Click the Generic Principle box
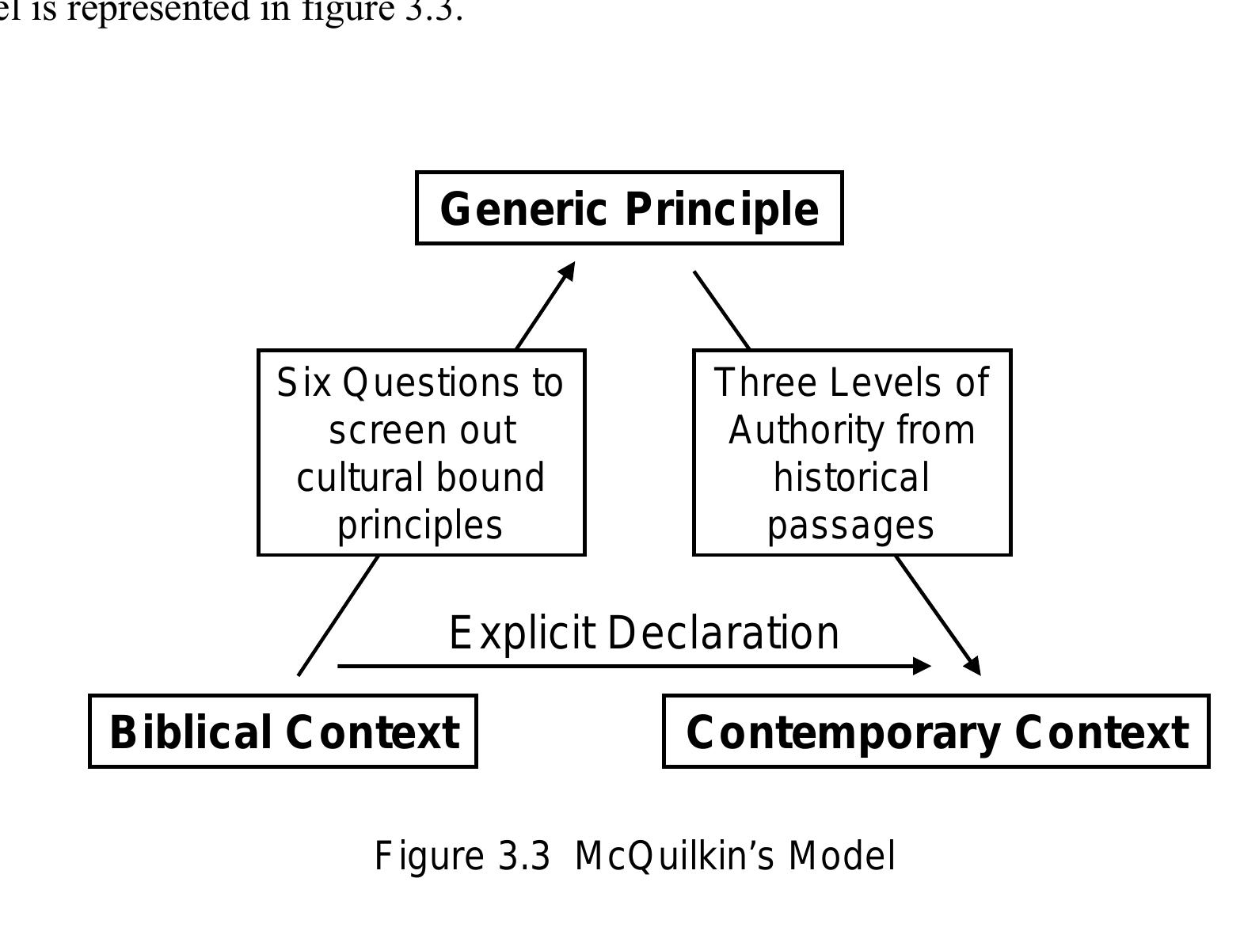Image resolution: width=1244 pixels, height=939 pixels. tap(629, 208)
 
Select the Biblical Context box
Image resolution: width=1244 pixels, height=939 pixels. tap(283, 732)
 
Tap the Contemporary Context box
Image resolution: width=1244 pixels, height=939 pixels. tap(935, 732)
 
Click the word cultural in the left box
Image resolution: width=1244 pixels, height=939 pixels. tap(348, 478)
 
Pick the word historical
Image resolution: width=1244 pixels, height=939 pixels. tap(851, 478)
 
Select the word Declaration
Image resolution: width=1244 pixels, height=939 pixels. tap(724, 633)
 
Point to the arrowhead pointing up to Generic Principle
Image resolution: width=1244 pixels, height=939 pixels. tap(568, 272)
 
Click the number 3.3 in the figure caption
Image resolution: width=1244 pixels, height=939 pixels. tap(523, 857)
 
